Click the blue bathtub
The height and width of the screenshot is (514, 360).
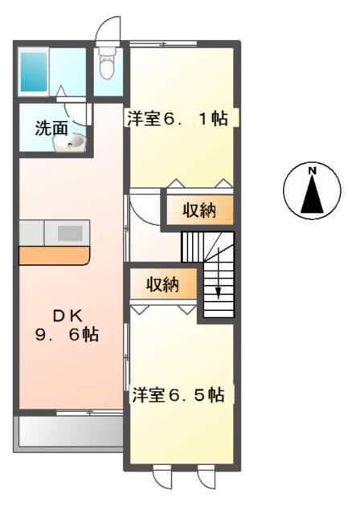click(34, 71)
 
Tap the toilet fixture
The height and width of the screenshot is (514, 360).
click(108, 63)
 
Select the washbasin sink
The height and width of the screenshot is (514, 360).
click(69, 143)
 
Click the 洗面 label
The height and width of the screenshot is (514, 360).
click(51, 128)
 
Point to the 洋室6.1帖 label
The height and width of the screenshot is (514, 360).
click(178, 118)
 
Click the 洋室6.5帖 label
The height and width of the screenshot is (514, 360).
click(178, 394)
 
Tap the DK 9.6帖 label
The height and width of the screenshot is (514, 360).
click(67, 326)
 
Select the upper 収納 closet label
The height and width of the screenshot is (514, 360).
click(199, 210)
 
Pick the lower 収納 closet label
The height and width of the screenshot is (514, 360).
click(162, 284)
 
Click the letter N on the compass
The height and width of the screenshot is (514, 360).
click(312, 170)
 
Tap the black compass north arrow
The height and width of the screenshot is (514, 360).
click(312, 194)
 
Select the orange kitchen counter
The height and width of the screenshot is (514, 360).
click(55, 255)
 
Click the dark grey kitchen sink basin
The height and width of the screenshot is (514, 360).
click(70, 233)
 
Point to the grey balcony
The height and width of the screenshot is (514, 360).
click(68, 430)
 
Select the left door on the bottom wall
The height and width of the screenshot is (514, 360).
click(162, 482)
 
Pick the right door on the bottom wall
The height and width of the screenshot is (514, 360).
click(207, 482)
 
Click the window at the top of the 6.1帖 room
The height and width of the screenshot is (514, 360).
click(163, 43)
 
